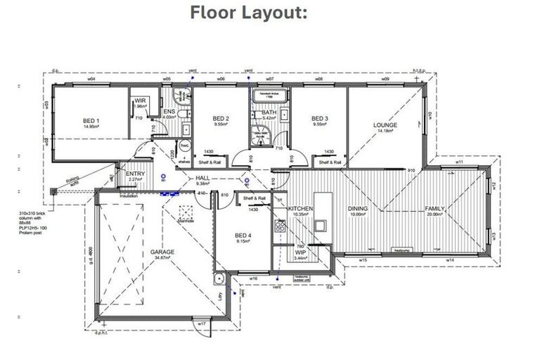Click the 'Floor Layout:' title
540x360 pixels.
tap(248, 13)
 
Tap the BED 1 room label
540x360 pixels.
tap(91, 120)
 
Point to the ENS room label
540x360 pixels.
tap(169, 111)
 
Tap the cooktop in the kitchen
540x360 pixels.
tap(280, 226)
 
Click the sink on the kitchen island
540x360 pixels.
tap(320, 226)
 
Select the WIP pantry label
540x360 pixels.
tap(300, 252)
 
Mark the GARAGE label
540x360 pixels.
tap(162, 251)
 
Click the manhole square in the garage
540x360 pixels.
tap(186, 212)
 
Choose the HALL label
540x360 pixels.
tap(202, 179)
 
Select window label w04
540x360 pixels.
tap(91, 80)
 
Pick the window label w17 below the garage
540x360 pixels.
tap(201, 323)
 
